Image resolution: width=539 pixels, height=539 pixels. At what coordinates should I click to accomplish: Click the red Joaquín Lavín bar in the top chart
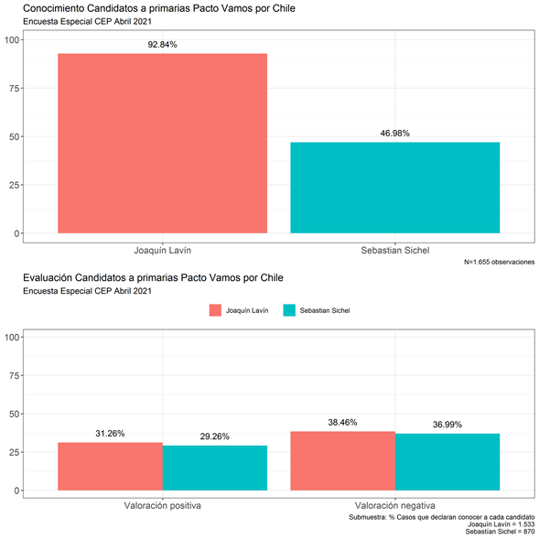(162, 144)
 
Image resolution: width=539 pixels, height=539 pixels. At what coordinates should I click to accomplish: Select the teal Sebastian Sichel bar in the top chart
(395, 188)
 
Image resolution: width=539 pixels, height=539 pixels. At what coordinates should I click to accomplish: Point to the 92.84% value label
(162, 45)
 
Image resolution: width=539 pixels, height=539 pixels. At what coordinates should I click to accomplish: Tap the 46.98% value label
(395, 134)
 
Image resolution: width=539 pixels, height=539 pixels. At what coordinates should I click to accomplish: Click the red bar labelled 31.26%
(110, 467)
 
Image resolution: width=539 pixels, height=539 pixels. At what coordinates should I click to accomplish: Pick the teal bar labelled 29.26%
(215, 468)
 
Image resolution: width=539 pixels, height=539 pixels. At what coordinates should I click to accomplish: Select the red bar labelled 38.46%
(343, 461)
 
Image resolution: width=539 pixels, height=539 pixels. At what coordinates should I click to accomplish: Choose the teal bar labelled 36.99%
(447, 462)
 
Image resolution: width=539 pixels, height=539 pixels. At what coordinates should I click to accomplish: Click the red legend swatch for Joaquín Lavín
(215, 310)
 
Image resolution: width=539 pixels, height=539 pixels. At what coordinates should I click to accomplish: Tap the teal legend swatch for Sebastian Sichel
(289, 310)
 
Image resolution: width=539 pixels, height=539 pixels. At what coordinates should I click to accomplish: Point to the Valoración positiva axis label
(162, 506)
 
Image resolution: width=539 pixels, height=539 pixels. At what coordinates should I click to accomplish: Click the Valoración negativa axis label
(395, 506)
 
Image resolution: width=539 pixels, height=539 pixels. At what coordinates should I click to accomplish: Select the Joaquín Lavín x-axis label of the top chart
(162, 250)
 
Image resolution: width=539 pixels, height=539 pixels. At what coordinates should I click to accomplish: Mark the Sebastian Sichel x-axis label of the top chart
(395, 250)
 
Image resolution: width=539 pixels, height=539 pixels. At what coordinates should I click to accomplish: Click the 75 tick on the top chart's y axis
(14, 89)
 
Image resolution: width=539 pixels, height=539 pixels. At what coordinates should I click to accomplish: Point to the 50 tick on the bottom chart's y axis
(14, 414)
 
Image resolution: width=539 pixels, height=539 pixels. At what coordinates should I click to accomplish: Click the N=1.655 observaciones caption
(499, 262)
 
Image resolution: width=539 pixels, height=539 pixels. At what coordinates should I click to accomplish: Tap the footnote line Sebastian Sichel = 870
(500, 532)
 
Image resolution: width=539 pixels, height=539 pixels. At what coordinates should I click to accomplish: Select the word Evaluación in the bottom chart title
(48, 278)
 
